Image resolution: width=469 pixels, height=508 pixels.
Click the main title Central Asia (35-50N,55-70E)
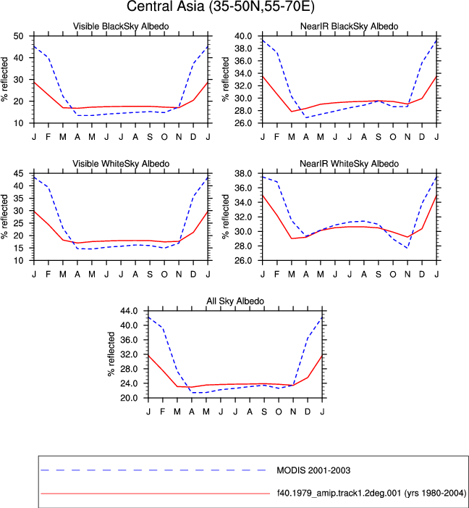(221, 6)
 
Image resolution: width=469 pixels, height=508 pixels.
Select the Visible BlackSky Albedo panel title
(121, 26)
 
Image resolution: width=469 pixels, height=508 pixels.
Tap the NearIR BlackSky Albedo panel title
(350, 26)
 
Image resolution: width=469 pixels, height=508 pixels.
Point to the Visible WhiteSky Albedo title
(121, 164)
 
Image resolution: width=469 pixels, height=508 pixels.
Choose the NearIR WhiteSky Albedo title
(350, 164)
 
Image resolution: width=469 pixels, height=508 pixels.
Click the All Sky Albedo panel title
(235, 301)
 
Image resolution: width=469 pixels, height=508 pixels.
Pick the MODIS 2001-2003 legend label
(313, 470)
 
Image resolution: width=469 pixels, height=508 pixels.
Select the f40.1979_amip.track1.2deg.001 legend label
(371, 493)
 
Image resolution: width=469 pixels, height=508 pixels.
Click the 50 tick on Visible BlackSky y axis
(18, 36)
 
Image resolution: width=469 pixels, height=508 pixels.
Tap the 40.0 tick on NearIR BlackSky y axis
(243, 36)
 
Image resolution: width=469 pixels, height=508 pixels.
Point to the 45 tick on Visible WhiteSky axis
(18, 173)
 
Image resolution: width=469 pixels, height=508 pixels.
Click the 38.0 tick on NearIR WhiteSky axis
(243, 173)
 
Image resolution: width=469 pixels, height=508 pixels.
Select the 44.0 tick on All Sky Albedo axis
(129, 311)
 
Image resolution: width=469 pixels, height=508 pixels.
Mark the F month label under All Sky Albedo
(162, 412)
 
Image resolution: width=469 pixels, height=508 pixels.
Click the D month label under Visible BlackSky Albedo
(193, 137)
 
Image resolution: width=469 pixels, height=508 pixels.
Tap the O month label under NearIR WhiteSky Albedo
(393, 275)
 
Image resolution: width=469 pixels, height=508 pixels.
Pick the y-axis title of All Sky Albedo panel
(111, 354)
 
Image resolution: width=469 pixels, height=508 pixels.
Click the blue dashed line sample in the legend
(153, 470)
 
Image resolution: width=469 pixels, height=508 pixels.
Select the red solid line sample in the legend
(156, 494)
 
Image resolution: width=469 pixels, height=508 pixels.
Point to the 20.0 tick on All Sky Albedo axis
(129, 398)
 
